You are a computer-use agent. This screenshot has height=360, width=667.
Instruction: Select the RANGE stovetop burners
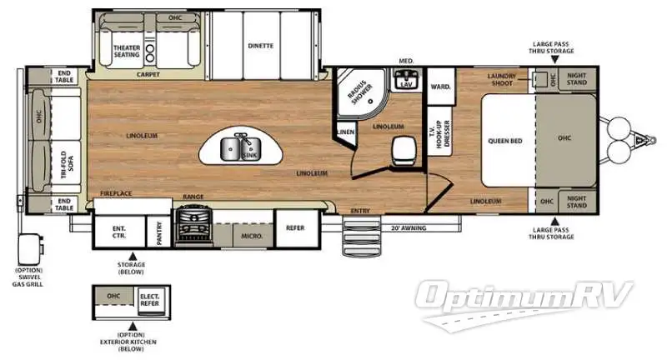click(193, 226)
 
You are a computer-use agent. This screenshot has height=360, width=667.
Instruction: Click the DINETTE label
click(260, 46)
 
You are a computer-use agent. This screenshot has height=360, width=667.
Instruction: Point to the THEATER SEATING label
click(126, 52)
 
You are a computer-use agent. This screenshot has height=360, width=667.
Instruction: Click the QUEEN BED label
click(505, 141)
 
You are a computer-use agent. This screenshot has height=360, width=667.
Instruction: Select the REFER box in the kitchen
click(295, 227)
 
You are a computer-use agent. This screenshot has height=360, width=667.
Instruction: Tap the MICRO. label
click(252, 236)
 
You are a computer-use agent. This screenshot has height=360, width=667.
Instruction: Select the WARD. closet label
click(439, 87)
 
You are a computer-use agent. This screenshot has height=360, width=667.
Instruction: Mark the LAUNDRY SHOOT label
click(503, 80)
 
